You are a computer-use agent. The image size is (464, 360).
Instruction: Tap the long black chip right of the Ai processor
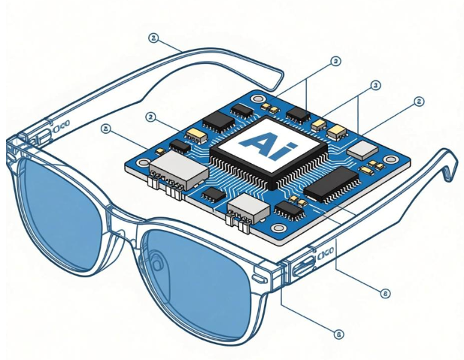tap(330, 185)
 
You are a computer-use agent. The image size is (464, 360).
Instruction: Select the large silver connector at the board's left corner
tap(177, 173)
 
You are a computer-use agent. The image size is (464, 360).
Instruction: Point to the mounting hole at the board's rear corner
tap(258, 98)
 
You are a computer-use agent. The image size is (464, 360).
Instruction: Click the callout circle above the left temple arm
tap(153, 37)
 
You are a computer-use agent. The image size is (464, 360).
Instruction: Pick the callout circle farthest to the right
tap(419, 101)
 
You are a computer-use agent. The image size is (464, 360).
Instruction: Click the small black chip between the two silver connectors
tap(214, 194)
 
